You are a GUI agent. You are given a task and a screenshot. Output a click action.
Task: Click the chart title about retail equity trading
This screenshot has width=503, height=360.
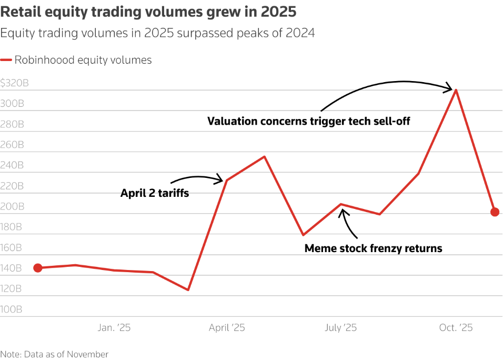148,11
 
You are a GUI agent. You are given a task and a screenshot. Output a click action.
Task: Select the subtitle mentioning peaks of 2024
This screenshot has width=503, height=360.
157,33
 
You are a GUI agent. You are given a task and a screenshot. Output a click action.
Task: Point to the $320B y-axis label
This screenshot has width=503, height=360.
14,83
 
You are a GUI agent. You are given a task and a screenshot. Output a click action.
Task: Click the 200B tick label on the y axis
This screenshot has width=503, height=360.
12,207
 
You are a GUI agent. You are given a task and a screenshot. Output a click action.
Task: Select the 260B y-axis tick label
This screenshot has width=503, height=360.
12,145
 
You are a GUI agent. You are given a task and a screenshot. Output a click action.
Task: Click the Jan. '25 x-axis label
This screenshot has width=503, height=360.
114,328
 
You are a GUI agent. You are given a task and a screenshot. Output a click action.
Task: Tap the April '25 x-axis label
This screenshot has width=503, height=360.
227,328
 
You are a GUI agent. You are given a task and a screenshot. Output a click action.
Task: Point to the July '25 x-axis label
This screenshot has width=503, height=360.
340,328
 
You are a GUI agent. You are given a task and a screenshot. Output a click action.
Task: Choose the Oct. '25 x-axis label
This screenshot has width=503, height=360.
456,328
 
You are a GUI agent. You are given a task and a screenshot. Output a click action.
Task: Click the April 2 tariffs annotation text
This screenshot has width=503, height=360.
155,193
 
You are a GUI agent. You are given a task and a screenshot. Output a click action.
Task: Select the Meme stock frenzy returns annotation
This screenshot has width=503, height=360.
373,248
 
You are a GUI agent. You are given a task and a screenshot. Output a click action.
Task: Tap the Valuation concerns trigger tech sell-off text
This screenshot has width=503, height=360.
308,122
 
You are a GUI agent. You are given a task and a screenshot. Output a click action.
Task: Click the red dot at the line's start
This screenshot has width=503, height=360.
38,268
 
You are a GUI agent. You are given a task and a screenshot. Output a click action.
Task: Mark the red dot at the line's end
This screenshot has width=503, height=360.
495,212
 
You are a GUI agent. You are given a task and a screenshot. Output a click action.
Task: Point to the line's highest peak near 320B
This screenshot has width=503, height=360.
456,90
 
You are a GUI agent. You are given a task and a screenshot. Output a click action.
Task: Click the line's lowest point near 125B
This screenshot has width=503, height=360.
188,290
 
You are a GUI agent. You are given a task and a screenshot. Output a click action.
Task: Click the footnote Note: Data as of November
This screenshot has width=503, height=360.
54,354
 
